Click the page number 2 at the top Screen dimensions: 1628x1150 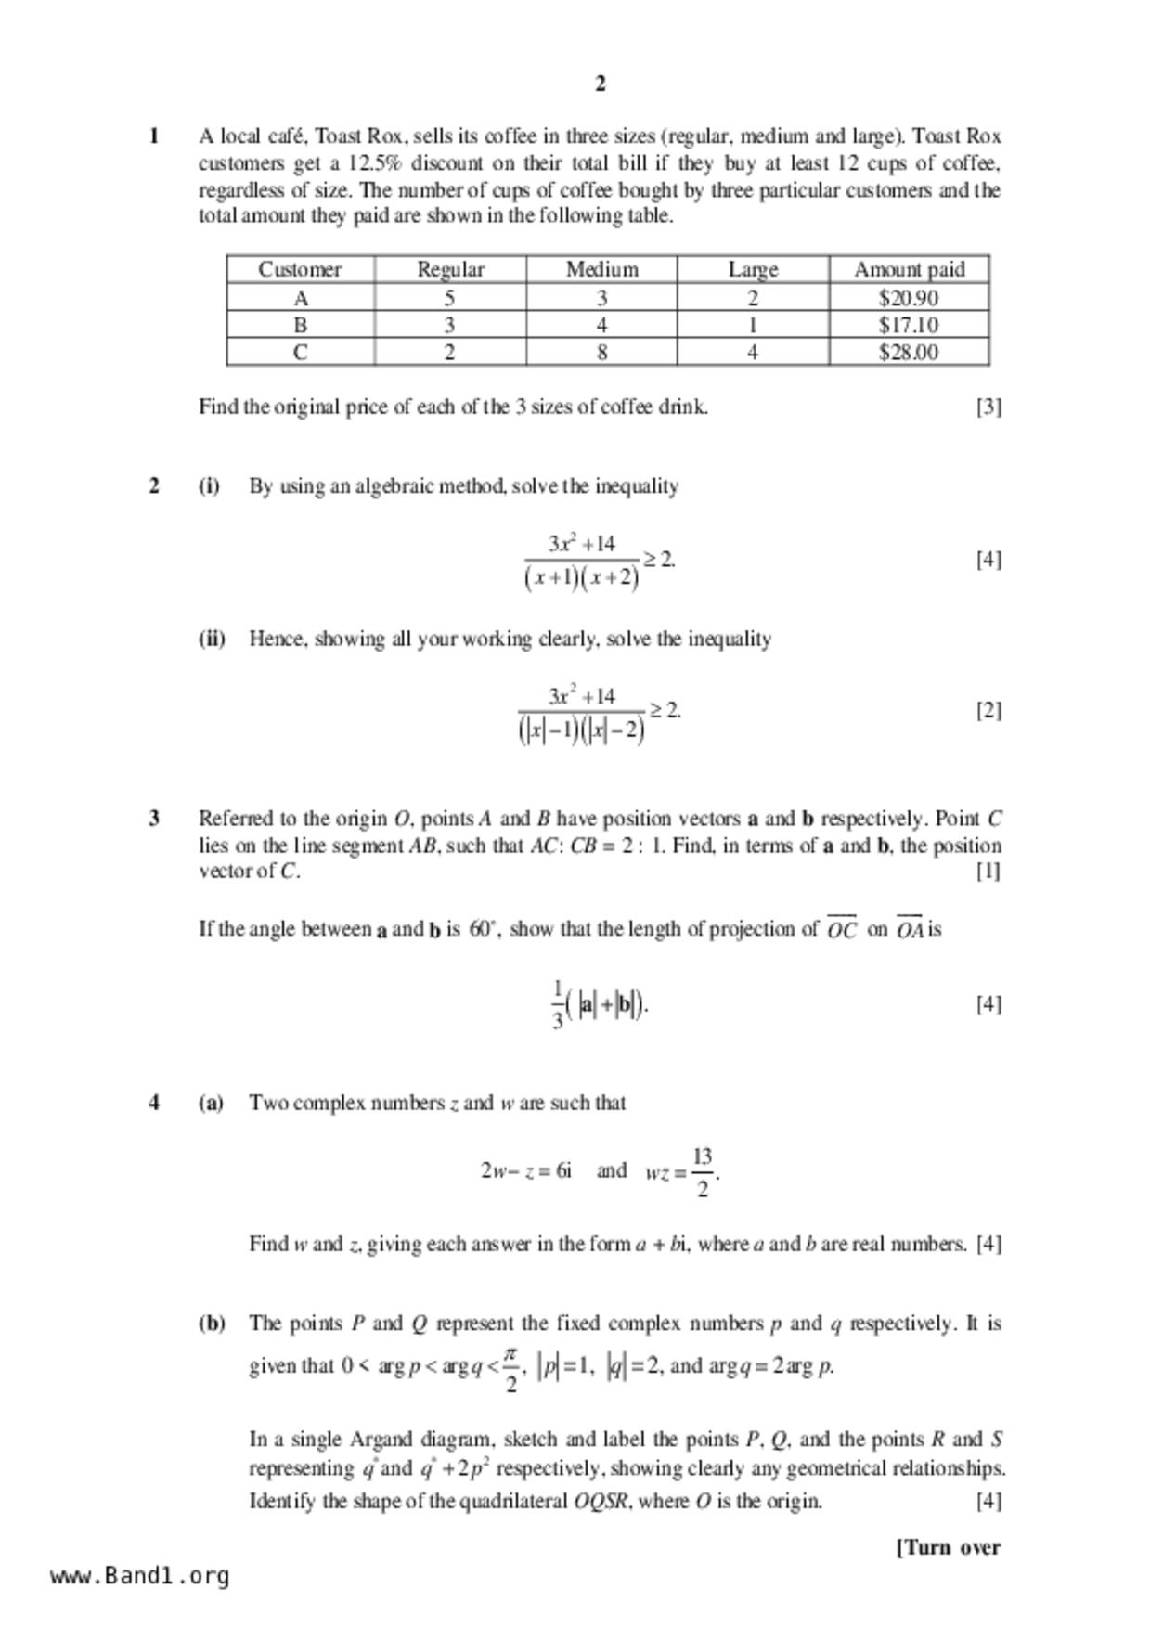pyautogui.click(x=600, y=84)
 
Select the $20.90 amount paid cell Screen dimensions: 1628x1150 pyautogui.click(x=908, y=298)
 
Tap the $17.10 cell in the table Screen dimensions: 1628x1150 pyautogui.click(x=908, y=326)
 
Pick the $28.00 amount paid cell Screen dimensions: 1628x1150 pyautogui.click(x=908, y=353)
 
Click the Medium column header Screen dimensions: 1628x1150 pyautogui.click(x=601, y=269)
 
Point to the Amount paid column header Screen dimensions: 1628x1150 pyautogui.click(x=909, y=269)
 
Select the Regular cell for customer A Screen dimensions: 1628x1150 pyautogui.click(x=449, y=298)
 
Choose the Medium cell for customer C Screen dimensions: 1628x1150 pyautogui.click(x=601, y=353)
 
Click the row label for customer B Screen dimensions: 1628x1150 pyautogui.click(x=300, y=326)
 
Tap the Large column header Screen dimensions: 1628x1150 pyautogui.click(x=753, y=269)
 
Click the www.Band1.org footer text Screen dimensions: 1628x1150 pyautogui.click(x=139, y=1575)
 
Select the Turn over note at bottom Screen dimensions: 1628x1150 pyautogui.click(x=949, y=1547)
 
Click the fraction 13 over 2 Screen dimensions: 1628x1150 pyautogui.click(x=702, y=1171)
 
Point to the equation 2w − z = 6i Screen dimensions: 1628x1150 pyautogui.click(x=526, y=1170)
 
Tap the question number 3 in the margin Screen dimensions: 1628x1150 pyautogui.click(x=154, y=819)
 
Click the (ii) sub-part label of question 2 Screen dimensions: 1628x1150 pyautogui.click(x=212, y=639)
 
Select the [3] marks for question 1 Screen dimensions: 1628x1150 pyautogui.click(x=988, y=407)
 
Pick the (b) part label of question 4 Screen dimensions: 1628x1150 pyautogui.click(x=212, y=1324)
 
